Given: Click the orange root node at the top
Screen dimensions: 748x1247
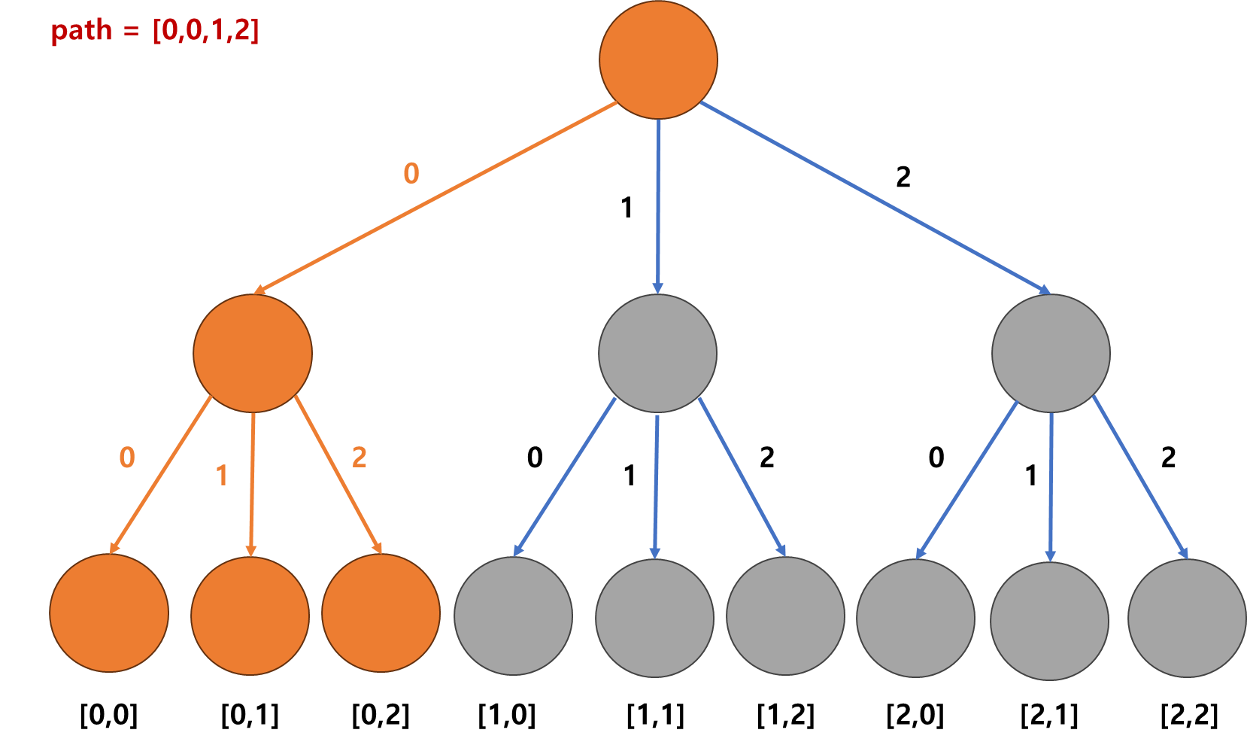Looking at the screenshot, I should pos(658,60).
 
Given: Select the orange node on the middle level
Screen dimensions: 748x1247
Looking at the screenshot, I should pos(253,353).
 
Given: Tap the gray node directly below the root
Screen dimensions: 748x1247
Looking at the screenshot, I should pos(657,353).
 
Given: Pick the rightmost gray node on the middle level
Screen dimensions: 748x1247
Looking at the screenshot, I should pos(1051,353).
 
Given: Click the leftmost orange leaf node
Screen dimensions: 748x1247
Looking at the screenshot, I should pos(109,613).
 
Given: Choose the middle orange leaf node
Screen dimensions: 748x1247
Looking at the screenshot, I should pos(250,616).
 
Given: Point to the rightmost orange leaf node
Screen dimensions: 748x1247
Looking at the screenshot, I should pos(381,613).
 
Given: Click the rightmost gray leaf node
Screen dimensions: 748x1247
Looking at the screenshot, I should pos(1187,619).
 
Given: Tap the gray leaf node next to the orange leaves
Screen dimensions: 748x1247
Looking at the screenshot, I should pos(513,616).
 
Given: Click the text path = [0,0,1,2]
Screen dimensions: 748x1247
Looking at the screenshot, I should pos(155,31).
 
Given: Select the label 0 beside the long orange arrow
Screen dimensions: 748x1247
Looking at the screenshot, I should pos(411,174).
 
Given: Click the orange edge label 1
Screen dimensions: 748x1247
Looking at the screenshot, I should pos(222,476).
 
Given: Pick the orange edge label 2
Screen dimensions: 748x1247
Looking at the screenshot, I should pos(360,457).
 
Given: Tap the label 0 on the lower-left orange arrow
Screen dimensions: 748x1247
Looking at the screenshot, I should pos(127,458).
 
